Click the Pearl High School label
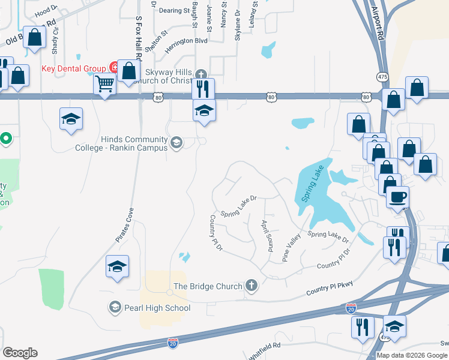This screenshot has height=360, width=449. pos(157,308)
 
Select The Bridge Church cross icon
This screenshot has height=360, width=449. pos(252,286)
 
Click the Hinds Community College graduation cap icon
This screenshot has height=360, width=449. pos(176,143)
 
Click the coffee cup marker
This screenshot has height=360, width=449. pos(398,197)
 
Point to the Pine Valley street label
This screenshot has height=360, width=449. pos(292,248)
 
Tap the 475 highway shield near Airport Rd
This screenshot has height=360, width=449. pos(383,77)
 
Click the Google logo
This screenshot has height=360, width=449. pos(20,353)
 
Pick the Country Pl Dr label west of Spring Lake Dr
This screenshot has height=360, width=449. pos(216,233)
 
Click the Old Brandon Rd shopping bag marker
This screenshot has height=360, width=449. pos(35,37)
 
